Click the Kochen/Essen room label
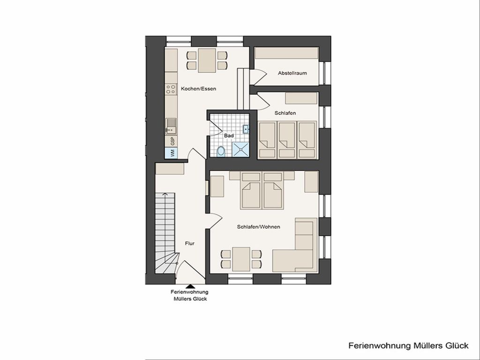198,89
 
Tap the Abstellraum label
292,73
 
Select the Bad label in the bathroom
229,135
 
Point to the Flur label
189,243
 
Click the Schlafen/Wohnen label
258,227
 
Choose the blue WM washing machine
171,153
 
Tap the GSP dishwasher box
171,141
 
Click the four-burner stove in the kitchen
171,89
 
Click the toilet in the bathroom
220,151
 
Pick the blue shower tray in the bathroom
240,150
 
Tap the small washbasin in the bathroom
246,129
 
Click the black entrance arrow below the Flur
190,286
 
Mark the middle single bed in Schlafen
287,140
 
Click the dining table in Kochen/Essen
207,60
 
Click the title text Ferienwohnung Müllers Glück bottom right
408,345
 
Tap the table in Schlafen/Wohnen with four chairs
241,259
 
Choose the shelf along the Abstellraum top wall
286,53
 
